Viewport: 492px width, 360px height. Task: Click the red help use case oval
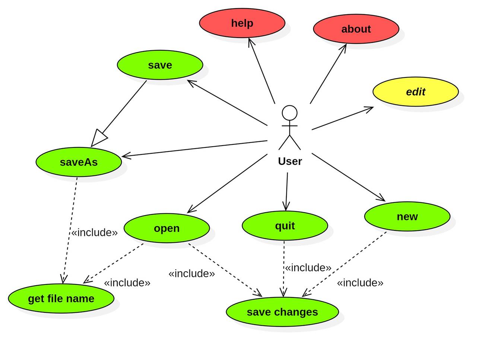coord(242,23)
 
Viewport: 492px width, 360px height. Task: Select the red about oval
coord(356,29)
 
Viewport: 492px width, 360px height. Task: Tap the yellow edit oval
coord(415,92)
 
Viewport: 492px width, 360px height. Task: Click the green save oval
coord(160,65)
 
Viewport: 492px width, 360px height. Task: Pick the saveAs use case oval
coord(79,162)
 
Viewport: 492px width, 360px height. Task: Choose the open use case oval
coord(166,228)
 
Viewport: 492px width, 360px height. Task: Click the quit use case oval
coord(285,226)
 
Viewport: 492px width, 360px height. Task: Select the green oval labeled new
coord(407,216)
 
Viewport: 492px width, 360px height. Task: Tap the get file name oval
coord(61,299)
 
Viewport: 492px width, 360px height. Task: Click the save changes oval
coord(282,312)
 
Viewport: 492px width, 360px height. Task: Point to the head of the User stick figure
coord(289,113)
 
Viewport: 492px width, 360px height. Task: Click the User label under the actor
coord(290,161)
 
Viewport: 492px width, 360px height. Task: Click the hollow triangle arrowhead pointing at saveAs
coord(99,138)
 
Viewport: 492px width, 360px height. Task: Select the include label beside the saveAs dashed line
coord(95,233)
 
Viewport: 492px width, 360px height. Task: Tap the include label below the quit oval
coord(308,268)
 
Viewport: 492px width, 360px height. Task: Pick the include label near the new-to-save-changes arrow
coord(360,283)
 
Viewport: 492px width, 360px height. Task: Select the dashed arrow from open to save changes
coord(225,270)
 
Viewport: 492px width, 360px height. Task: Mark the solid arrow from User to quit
coord(286,192)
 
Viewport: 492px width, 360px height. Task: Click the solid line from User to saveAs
coord(194,149)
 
